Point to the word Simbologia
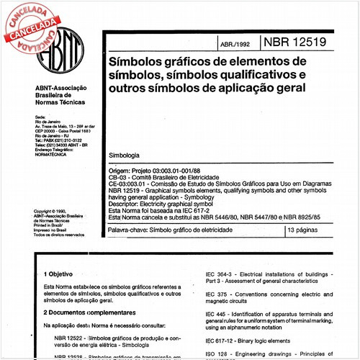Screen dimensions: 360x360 click(125, 156)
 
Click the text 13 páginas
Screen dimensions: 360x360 click(306, 230)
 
